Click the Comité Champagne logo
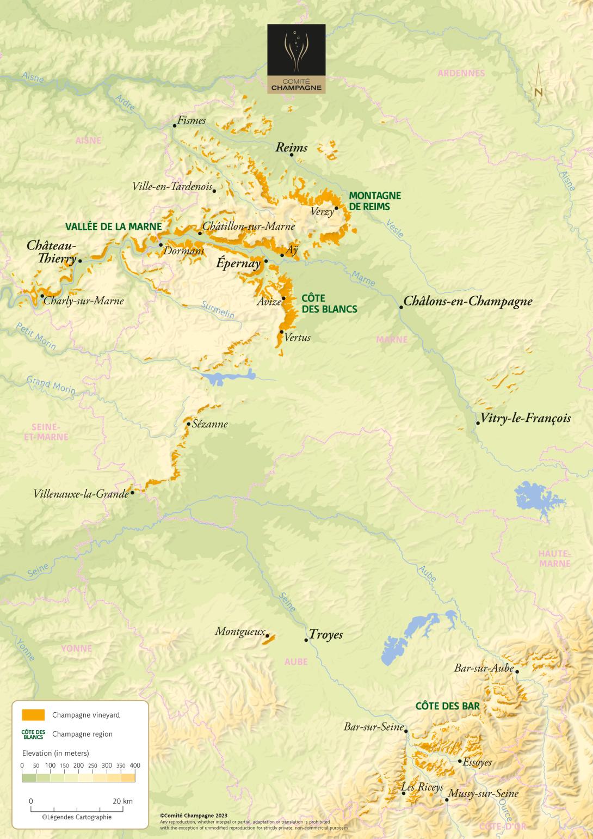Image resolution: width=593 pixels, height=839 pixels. (296, 59)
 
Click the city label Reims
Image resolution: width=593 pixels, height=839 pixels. (292, 147)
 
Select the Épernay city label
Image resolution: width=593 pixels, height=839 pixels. (238, 264)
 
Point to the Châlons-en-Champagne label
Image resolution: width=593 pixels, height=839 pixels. (468, 301)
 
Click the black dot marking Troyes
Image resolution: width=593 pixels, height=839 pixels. (306, 640)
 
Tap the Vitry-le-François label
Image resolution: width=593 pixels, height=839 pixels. (526, 418)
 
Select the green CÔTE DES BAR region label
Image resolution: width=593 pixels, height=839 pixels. (447, 706)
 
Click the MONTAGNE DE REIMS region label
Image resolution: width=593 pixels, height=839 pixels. (375, 201)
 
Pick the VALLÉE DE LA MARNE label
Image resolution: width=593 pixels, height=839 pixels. (114, 226)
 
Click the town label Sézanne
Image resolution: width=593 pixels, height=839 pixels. (210, 424)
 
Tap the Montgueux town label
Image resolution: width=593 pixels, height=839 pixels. (240, 632)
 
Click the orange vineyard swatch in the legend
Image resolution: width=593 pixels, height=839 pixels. (33, 715)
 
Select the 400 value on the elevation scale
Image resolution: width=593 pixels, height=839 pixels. (134, 765)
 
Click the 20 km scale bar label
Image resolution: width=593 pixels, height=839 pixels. (123, 801)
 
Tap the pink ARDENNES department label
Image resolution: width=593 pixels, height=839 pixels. (461, 73)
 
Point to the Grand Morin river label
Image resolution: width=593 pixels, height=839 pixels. (51, 384)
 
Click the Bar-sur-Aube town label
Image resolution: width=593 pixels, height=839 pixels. (484, 668)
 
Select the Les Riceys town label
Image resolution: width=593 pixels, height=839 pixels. (422, 787)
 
